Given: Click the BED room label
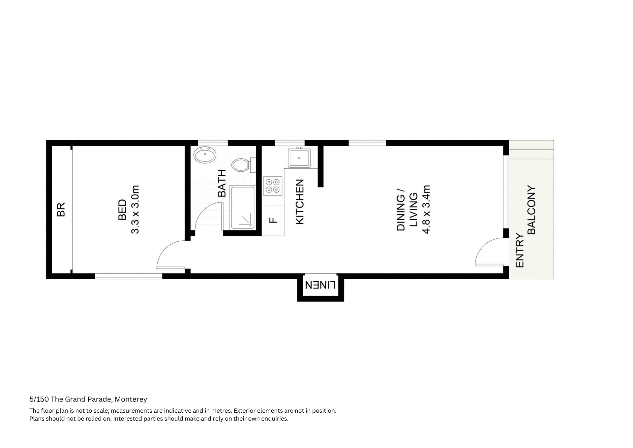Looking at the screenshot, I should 122,210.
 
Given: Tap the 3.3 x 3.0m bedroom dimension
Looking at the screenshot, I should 136,210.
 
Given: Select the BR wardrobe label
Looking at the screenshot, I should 61,210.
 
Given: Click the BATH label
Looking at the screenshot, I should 222,183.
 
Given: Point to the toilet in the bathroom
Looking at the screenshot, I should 242,165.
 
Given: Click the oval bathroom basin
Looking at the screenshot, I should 205,155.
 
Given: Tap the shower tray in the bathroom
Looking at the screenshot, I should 243,207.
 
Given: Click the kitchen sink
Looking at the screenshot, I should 299,158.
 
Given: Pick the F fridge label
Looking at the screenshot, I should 273,220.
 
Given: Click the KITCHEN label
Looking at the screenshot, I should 300,202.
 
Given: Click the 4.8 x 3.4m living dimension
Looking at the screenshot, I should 426,210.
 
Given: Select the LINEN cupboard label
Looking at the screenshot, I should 320,285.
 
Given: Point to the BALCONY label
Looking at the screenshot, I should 531,210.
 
